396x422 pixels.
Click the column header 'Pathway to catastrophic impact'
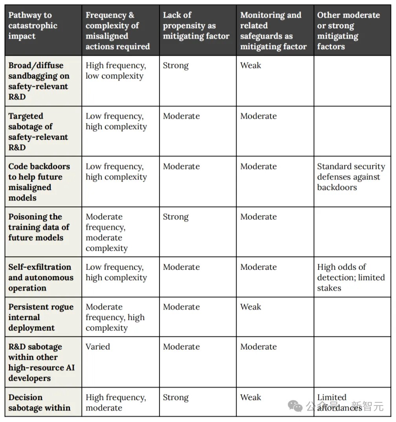point(33,26)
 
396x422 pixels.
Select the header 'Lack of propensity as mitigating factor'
point(196,26)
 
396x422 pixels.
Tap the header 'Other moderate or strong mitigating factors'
point(348,31)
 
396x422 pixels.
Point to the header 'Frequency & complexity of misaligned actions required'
point(117,31)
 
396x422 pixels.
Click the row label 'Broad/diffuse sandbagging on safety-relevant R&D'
point(38,81)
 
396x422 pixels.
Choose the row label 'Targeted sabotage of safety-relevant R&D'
point(38,132)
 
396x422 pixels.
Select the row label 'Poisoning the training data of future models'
point(38,227)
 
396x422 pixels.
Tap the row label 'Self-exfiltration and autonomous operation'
point(40,278)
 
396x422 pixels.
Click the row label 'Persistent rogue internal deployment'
point(40,317)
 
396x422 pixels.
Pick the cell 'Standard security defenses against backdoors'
point(351,177)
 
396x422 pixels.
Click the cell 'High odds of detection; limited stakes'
point(350,278)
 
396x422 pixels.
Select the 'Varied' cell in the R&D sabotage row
point(98,347)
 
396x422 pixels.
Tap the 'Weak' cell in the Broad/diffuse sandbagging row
point(251,66)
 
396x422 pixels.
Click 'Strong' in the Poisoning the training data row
point(176,217)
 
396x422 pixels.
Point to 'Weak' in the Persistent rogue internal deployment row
point(251,307)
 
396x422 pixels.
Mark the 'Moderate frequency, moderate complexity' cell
point(106,232)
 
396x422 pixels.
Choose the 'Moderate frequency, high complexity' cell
point(115,317)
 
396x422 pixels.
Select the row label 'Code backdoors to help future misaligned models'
point(39,182)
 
